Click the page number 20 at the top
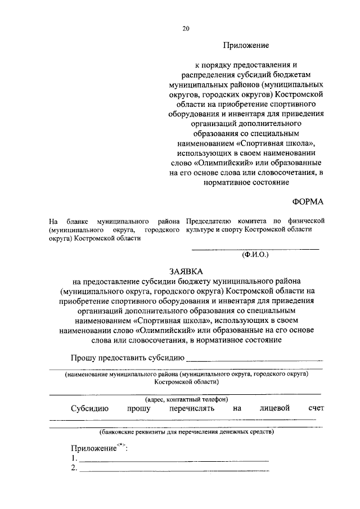pyautogui.click(x=186, y=29)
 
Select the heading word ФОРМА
pyautogui.click(x=308, y=201)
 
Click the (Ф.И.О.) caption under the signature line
pyautogui.click(x=255, y=255)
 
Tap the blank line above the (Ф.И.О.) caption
pyautogui.click(x=255, y=248)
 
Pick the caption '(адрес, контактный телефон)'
pyautogui.click(x=186, y=399)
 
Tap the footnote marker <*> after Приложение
pyautogui.click(x=120, y=445)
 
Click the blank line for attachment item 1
pyautogui.click(x=174, y=461)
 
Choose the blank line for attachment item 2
pyautogui.click(x=174, y=471)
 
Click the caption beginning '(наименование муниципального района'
pyautogui.click(x=186, y=373)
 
